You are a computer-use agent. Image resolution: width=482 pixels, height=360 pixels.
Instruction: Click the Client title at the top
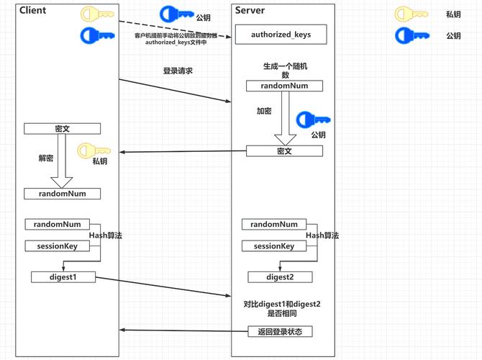32,10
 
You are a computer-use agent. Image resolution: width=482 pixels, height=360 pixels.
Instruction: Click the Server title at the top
250,10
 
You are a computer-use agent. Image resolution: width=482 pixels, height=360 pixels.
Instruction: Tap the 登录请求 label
178,71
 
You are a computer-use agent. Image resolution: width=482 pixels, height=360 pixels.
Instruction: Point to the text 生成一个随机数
284,70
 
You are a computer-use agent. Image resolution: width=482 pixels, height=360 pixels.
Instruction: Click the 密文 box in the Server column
284,151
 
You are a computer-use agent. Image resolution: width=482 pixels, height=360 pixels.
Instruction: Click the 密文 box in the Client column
62,129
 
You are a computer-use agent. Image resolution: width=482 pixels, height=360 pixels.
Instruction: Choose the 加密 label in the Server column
264,112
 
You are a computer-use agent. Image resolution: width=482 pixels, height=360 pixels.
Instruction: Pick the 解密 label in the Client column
45,158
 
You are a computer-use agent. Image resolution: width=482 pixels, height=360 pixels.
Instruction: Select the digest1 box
63,276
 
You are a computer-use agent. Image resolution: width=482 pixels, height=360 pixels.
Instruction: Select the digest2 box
280,276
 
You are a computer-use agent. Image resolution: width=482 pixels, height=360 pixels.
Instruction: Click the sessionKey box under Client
57,246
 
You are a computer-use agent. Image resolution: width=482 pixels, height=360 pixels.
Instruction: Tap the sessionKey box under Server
273,246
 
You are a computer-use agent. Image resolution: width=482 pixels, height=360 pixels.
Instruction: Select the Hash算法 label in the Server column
322,235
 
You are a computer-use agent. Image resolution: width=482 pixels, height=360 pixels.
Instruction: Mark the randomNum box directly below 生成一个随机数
284,86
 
